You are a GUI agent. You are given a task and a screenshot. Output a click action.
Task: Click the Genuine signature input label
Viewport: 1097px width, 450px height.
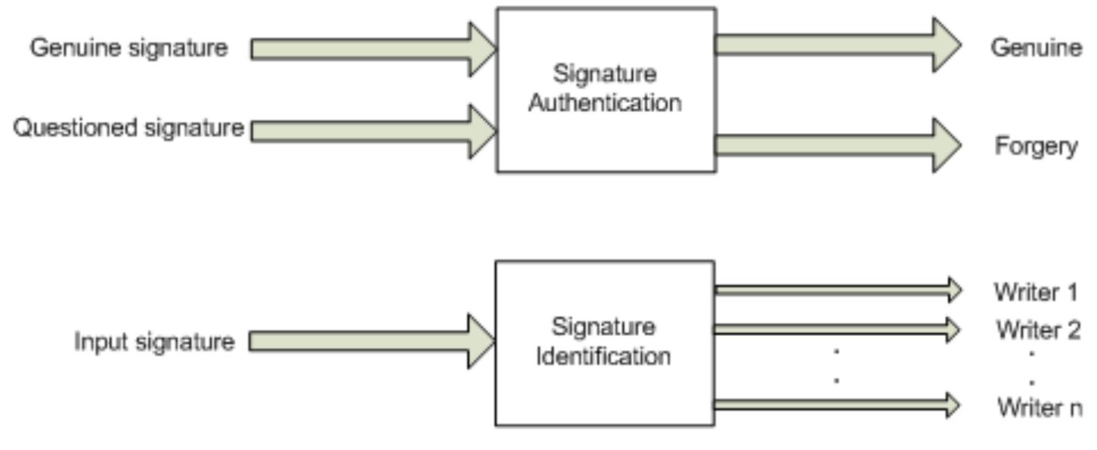[129, 48]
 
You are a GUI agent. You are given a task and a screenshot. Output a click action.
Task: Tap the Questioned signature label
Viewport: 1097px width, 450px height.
[129, 128]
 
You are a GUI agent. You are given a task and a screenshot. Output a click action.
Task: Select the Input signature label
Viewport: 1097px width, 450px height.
[153, 342]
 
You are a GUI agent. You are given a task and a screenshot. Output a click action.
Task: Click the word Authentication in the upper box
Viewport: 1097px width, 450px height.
[605, 103]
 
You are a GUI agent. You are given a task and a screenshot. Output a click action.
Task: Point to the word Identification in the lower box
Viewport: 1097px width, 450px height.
[603, 355]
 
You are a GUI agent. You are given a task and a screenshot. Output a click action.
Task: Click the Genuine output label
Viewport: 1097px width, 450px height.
[1036, 48]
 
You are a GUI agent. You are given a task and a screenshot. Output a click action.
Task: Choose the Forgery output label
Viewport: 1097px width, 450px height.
[1036, 146]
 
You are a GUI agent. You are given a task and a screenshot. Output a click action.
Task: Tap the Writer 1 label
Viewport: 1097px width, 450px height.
[1036, 292]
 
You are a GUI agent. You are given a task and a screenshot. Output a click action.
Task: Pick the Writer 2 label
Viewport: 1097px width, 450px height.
[1037, 330]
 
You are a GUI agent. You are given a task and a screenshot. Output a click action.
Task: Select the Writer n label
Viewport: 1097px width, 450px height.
[1039, 408]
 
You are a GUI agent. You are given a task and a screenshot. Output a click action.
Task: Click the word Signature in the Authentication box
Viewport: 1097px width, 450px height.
[605, 74]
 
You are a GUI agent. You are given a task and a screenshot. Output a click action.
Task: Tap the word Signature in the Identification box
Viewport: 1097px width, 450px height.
[603, 327]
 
